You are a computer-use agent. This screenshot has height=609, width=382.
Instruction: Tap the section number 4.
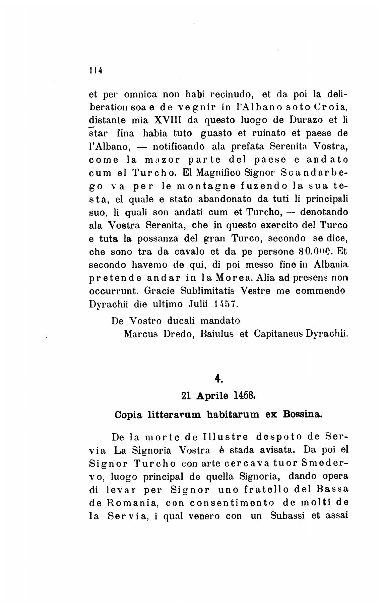tap(218, 379)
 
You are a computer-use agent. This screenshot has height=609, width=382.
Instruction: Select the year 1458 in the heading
tap(245, 396)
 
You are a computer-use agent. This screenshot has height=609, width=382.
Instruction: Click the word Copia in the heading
tap(129, 415)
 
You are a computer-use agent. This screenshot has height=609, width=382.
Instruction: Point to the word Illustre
tap(225, 437)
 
